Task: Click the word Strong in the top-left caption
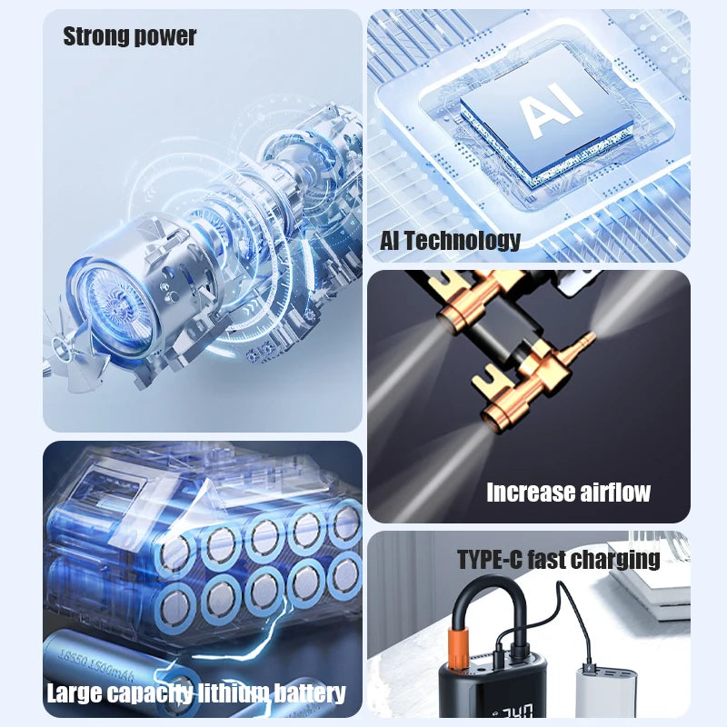pyautogui.click(x=96, y=36)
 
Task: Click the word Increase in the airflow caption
pyautogui.click(x=529, y=493)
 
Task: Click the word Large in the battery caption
pyautogui.click(x=75, y=694)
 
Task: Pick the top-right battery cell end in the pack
pyautogui.click(x=346, y=524)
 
